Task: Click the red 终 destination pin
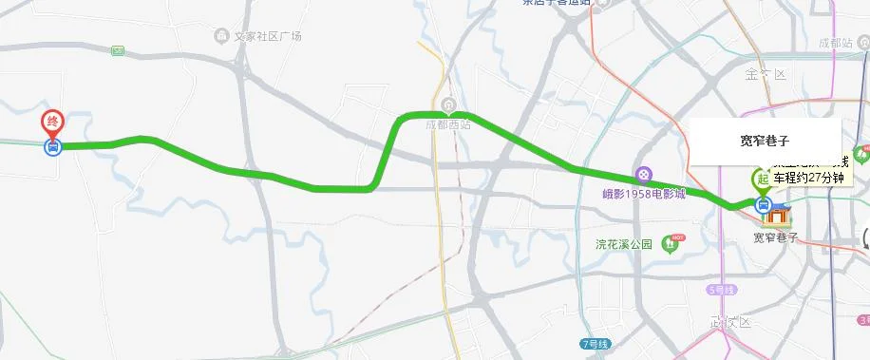pos(53,123)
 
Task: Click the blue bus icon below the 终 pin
pos(53,146)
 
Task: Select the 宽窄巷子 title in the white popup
pos(765,140)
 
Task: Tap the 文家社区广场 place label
pos(269,36)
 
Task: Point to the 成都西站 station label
pos(447,123)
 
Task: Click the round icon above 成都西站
pos(448,104)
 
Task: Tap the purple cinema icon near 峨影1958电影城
pos(644,175)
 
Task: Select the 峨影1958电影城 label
pos(644,194)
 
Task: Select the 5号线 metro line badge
pos(722,289)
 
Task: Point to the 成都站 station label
pos(836,43)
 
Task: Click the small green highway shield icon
pos(118,50)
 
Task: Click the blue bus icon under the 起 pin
pos(762,204)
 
